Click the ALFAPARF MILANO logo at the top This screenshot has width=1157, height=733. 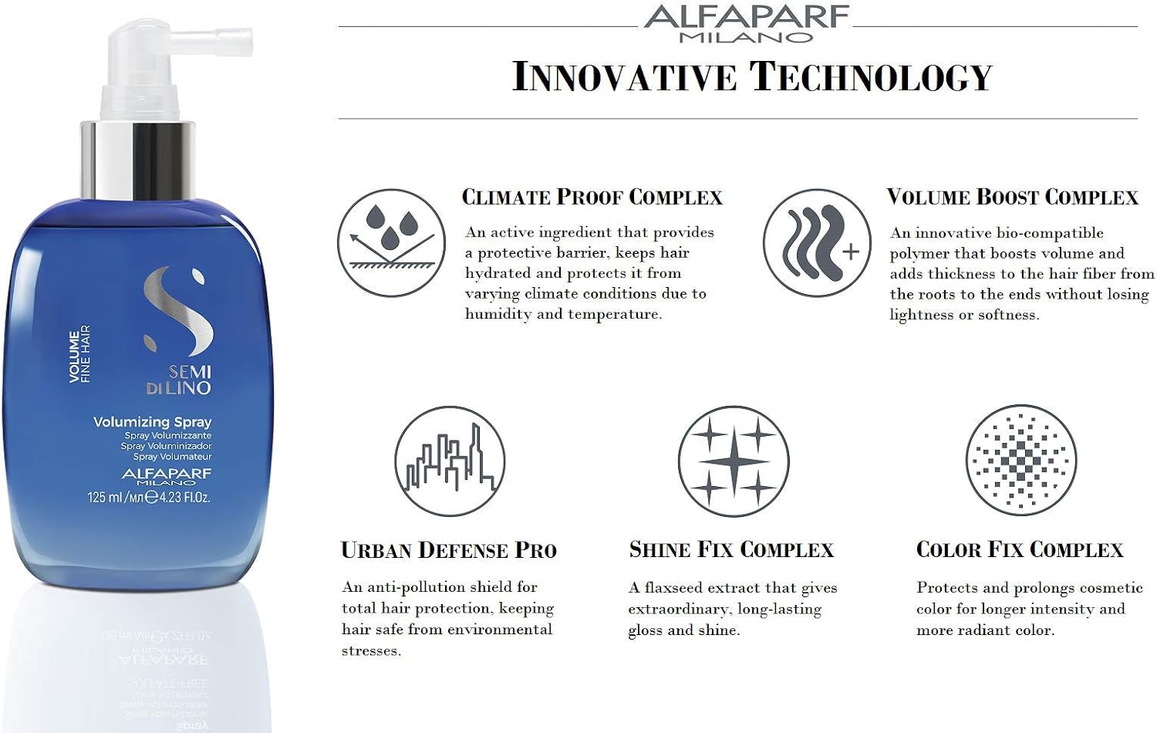[x=747, y=24]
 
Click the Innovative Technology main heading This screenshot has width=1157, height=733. [x=752, y=76]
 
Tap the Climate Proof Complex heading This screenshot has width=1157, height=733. [x=592, y=198]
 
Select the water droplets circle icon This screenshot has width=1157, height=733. [x=392, y=243]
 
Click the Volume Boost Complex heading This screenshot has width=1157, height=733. [x=1012, y=198]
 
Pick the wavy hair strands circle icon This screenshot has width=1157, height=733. [x=817, y=243]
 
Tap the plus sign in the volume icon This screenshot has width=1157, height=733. [x=851, y=252]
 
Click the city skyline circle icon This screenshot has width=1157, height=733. [x=450, y=461]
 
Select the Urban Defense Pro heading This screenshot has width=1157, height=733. [x=449, y=550]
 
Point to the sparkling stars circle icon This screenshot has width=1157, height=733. [x=734, y=461]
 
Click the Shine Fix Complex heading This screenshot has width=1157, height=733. [x=731, y=549]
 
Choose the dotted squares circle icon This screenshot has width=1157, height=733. [x=1021, y=460]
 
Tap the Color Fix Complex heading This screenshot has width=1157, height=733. [x=1020, y=549]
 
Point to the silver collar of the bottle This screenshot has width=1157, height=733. [x=138, y=160]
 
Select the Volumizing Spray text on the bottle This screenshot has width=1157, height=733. [x=153, y=422]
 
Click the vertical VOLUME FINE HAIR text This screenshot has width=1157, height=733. [x=80, y=354]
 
